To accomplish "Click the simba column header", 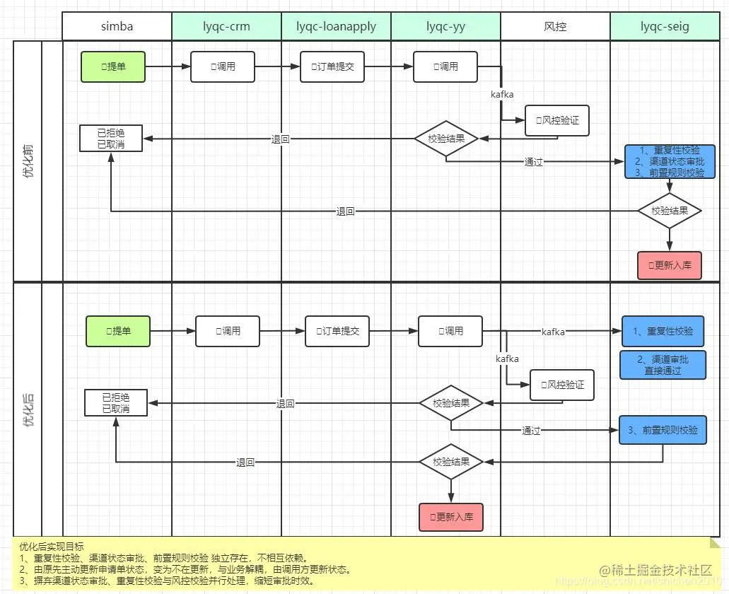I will (x=117, y=27).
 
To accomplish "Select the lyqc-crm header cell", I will (x=226, y=27).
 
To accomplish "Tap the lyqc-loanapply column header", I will (x=336, y=27).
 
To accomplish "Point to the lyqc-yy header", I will (x=445, y=27).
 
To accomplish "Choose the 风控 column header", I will (x=555, y=27).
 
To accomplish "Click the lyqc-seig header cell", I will (x=665, y=27).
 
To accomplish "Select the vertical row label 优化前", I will (x=28, y=161).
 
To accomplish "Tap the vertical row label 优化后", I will (x=28, y=409).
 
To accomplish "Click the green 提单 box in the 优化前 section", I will (x=112, y=66).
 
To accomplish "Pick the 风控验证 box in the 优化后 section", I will (x=562, y=385).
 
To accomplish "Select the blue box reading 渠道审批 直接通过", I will (x=662, y=365).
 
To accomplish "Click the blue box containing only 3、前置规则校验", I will (x=663, y=430).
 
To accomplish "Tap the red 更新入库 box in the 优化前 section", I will (x=669, y=266).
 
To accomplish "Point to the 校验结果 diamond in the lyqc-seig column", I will (x=669, y=211).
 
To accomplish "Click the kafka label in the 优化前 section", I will (x=502, y=93).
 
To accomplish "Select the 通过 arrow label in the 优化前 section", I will (x=533, y=162).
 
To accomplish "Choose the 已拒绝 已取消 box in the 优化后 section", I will (x=116, y=403).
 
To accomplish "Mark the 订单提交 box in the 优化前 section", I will (x=332, y=66).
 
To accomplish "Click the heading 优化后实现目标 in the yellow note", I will (x=51, y=546).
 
